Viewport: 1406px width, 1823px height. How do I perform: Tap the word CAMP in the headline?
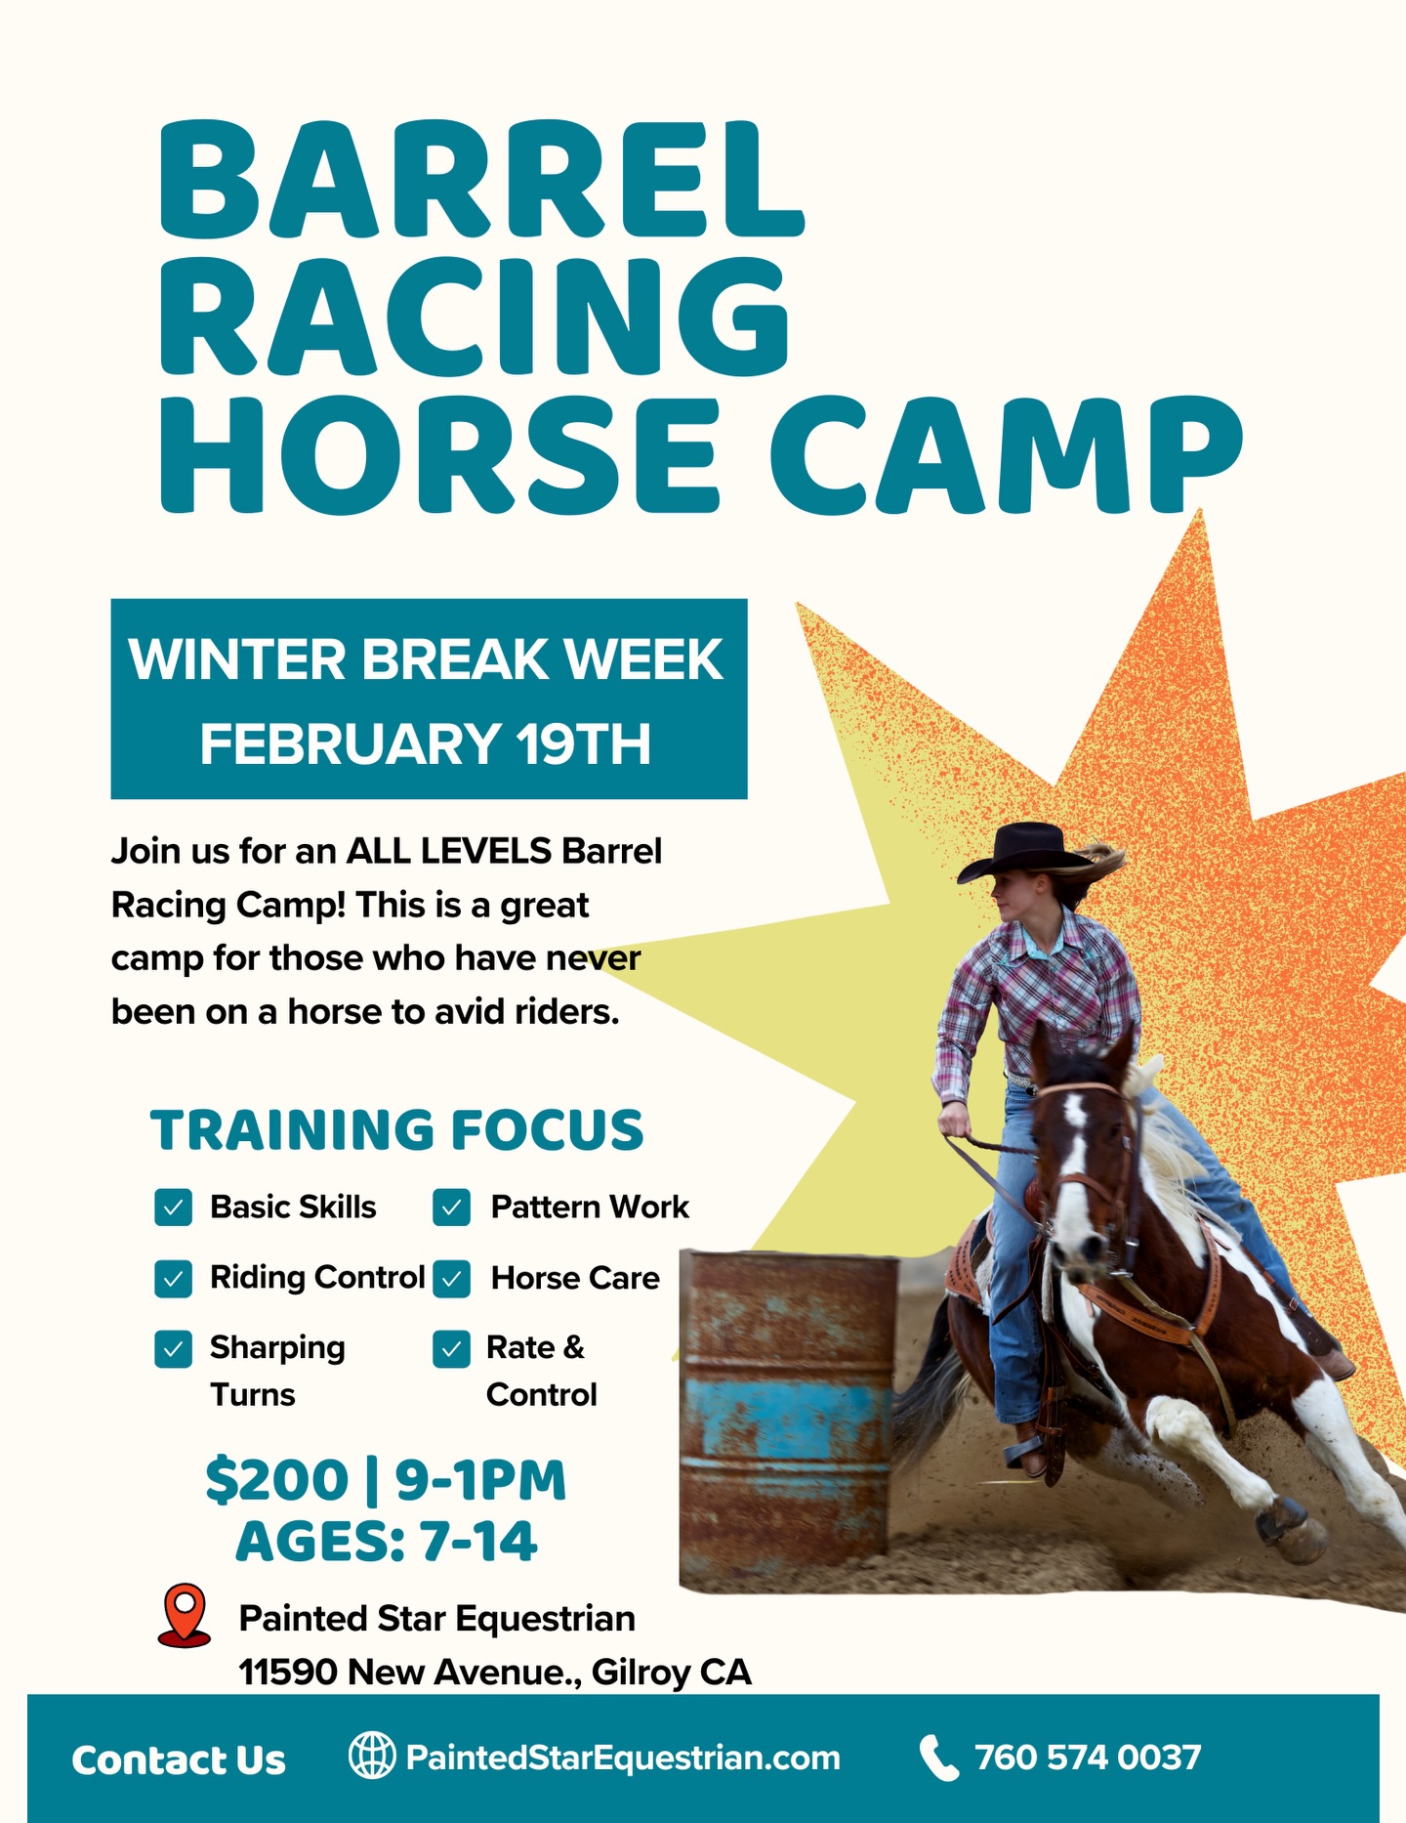[1006, 455]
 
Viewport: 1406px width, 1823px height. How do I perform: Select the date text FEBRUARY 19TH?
[426, 744]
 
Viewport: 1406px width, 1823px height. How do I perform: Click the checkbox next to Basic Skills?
[173, 1208]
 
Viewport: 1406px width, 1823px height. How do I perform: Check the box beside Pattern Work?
[451, 1208]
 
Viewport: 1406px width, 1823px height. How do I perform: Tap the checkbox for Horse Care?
[451, 1278]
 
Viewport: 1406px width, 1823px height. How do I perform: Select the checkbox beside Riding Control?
[173, 1278]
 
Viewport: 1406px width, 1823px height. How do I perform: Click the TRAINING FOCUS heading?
[396, 1130]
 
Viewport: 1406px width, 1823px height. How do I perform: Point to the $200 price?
[276, 1480]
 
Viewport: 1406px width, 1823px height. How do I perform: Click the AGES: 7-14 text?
[387, 1542]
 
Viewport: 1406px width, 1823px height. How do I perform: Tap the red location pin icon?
[184, 1615]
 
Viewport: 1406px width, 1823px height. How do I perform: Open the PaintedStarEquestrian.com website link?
[623, 1758]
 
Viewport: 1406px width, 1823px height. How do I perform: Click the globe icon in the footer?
[372, 1756]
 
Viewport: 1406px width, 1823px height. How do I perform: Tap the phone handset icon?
[939, 1758]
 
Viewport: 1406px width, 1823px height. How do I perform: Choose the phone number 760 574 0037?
[1088, 1758]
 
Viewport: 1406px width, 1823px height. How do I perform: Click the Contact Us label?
[179, 1759]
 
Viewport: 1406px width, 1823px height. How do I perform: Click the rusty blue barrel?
[787, 1407]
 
